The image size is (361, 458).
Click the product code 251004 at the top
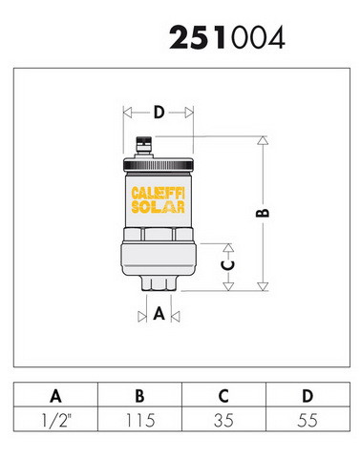point(227,37)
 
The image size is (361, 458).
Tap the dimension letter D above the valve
point(159,113)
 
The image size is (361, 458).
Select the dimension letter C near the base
point(228,265)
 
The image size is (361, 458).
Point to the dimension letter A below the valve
point(159,314)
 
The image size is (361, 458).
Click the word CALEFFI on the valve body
point(159,194)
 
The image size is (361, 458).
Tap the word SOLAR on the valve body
point(159,207)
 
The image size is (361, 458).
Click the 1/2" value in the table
point(56,420)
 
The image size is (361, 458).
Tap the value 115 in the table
point(140,420)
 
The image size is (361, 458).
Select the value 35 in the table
point(223,420)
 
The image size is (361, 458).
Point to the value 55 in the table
point(308,420)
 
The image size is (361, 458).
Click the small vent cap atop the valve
point(144,144)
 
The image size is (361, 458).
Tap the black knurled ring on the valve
point(159,165)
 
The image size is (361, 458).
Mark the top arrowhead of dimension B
point(263,140)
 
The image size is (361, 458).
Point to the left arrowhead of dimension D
point(127,113)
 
